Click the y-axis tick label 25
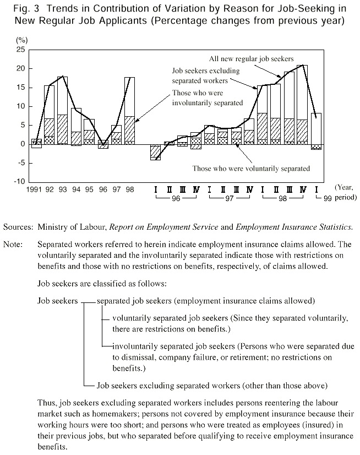tap(21, 50)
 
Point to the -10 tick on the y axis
tap(19, 182)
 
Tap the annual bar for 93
tap(63, 110)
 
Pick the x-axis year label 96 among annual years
tap(103, 189)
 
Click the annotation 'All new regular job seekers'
tap(251, 58)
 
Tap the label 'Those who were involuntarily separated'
tap(208, 98)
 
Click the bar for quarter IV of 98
tap(302, 105)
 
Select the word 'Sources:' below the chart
tap(17, 226)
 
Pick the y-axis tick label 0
tap(23, 144)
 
